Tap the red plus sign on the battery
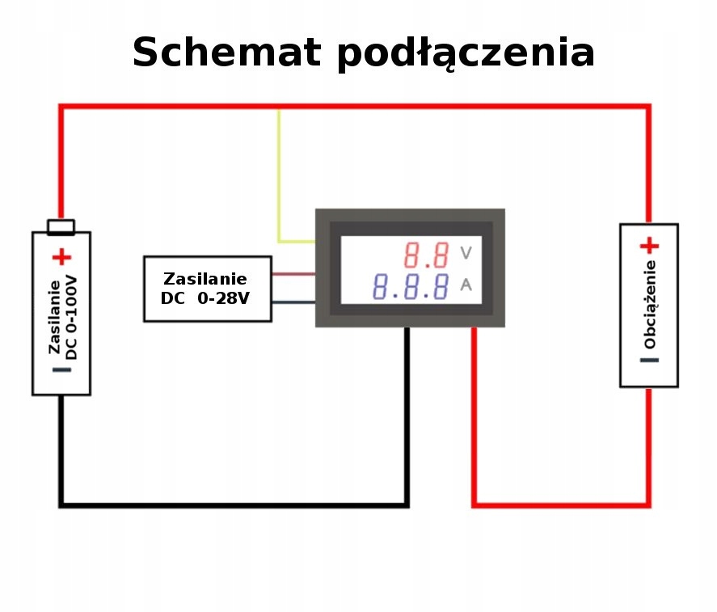point(61,258)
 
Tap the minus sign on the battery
point(62,370)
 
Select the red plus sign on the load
point(649,246)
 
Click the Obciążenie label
point(650,304)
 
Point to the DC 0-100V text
point(72,316)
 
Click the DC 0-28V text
point(207,298)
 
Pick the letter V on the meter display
point(466,254)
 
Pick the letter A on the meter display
point(466,285)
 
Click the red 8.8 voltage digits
point(427,256)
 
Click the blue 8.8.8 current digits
point(411,286)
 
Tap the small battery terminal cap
point(61,226)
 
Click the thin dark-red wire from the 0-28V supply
point(293,274)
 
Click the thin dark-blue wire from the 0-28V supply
point(293,302)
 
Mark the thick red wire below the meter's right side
point(474,420)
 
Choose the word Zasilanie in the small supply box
point(205,279)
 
